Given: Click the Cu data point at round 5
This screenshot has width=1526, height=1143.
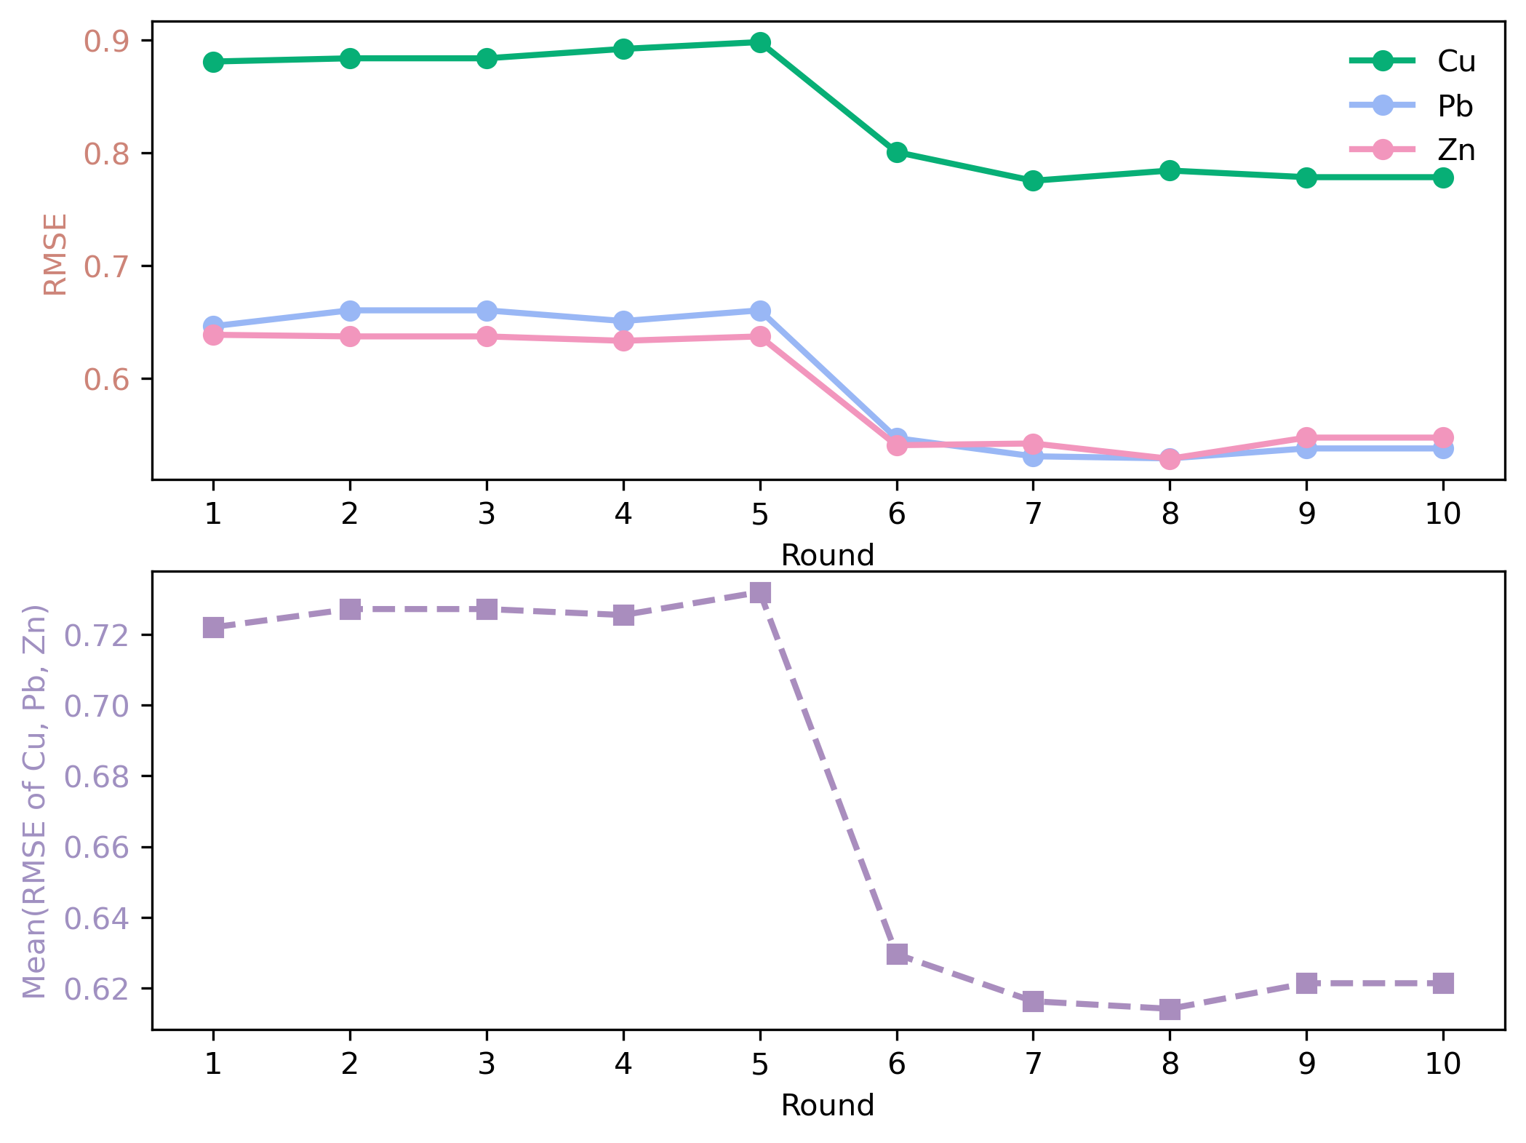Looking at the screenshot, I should pyautogui.click(x=760, y=42).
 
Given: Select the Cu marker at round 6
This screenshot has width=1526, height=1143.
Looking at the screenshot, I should pyautogui.click(x=897, y=152).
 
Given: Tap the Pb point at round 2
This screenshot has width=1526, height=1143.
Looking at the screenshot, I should pyautogui.click(x=350, y=311).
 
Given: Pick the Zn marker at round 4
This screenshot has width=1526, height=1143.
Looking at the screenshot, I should pyautogui.click(x=623, y=340).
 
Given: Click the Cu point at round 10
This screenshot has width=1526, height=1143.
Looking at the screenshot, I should pyautogui.click(x=1443, y=178).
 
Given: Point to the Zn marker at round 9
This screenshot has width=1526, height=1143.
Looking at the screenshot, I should pyautogui.click(x=1306, y=438).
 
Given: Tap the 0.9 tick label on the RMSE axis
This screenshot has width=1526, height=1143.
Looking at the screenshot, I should pyautogui.click(x=106, y=41).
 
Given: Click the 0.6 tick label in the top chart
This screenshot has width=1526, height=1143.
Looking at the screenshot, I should pyautogui.click(x=106, y=380).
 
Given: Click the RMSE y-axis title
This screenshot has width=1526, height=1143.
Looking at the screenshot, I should pyautogui.click(x=55, y=254).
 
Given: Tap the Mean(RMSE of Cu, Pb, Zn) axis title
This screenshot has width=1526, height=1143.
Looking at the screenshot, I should pyautogui.click(x=35, y=801).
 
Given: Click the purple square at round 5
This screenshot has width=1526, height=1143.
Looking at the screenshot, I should pyautogui.click(x=760, y=592).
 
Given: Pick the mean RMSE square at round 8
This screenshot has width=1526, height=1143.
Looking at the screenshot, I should pyautogui.click(x=1170, y=1008).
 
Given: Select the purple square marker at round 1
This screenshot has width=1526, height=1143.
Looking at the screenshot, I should pyautogui.click(x=213, y=627).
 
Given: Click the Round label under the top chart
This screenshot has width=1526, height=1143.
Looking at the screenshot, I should pyautogui.click(x=827, y=556).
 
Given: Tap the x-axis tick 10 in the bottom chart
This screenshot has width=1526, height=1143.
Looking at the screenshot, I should pyautogui.click(x=1443, y=1064).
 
